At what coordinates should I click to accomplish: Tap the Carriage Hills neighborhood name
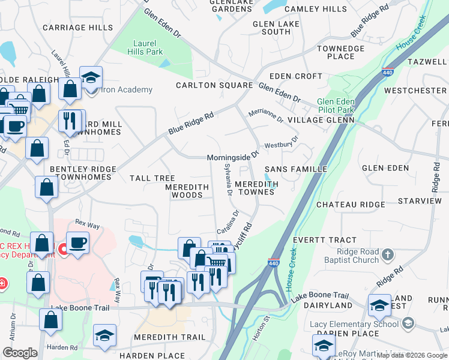pos(77,28)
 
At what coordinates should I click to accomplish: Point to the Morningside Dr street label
pos(232,157)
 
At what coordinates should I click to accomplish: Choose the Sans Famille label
pos(296,169)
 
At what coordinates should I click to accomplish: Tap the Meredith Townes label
pos(257,188)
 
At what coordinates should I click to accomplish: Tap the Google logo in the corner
pos(20,353)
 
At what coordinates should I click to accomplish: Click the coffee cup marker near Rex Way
pos(77,244)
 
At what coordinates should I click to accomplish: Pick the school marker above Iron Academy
pos(91,77)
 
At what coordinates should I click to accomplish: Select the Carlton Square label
pos(214,85)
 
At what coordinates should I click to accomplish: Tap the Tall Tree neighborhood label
pos(152,178)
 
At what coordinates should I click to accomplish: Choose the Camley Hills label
pos(315,9)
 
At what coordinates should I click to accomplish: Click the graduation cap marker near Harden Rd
pos(105,336)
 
